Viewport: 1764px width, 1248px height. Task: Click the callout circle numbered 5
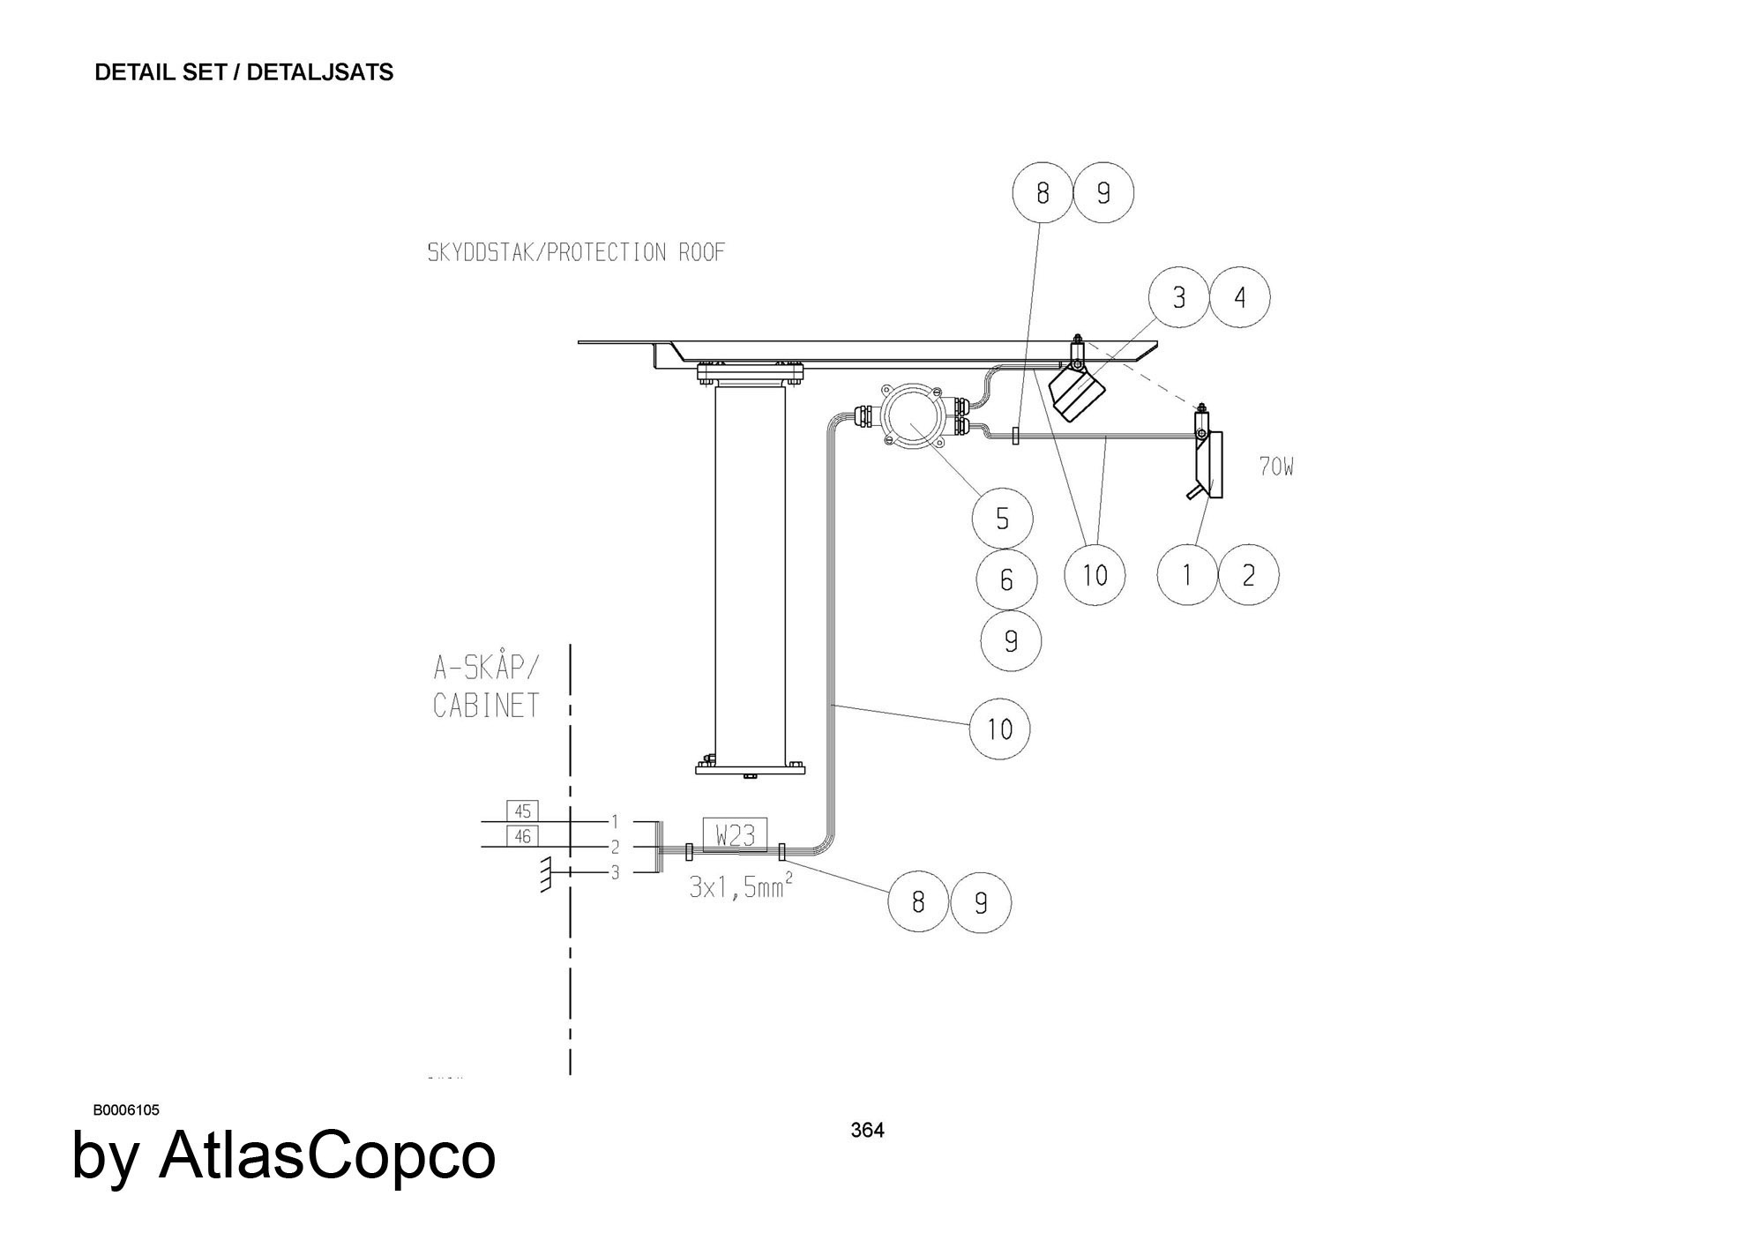tap(1002, 519)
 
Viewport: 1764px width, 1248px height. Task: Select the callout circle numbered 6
tap(1006, 579)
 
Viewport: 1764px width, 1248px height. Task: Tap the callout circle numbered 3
tap(1179, 297)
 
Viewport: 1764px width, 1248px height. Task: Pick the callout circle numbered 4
tap(1240, 297)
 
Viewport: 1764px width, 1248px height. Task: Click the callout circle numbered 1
tap(1187, 575)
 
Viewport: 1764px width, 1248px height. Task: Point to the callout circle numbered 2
tap(1248, 575)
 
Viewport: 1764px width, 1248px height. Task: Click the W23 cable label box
tap(735, 834)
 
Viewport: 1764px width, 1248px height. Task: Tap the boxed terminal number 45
tap(522, 811)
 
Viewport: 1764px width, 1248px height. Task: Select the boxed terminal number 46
tap(522, 835)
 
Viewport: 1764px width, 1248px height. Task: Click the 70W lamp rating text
tap(1276, 467)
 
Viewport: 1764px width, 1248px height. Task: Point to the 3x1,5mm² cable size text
tap(740, 886)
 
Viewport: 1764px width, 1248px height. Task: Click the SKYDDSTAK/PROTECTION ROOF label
tap(576, 253)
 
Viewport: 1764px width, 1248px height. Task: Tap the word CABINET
tap(486, 706)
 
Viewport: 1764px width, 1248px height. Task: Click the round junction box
tap(913, 418)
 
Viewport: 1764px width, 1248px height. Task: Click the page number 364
tap(867, 1130)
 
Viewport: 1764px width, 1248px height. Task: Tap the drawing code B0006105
tap(126, 1110)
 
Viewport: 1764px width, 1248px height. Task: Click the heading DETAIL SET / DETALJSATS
tap(243, 72)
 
